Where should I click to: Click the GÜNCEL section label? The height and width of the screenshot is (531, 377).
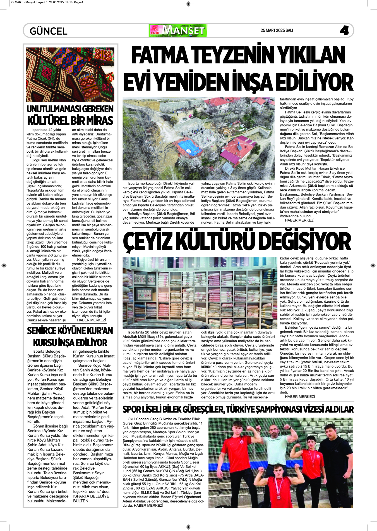pyautogui.click(x=49, y=31)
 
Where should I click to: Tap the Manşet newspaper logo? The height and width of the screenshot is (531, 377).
pyautogui.click(x=178, y=30)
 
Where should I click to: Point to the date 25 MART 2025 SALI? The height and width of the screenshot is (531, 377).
pyautogui.click(x=277, y=30)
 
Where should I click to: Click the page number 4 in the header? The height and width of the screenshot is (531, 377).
pyautogui.click(x=344, y=30)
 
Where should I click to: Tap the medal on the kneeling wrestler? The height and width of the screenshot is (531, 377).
pyautogui.click(x=278, y=497)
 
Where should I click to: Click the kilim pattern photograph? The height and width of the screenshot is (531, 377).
pyautogui.click(x=70, y=75)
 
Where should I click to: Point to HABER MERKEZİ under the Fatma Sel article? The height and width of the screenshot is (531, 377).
pyautogui.click(x=299, y=220)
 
